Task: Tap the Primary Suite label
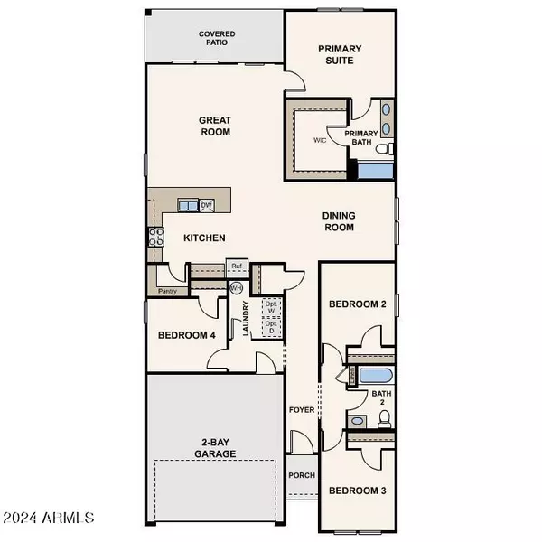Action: point(341,54)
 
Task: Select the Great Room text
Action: point(215,126)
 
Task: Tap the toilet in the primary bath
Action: point(385,148)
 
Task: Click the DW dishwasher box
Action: point(206,206)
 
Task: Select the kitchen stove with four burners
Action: point(155,238)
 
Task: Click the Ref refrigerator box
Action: point(237,266)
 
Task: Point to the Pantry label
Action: point(167,292)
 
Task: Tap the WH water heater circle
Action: point(237,288)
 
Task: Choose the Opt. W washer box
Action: point(270,307)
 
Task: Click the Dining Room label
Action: point(340,221)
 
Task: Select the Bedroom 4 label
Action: point(187,335)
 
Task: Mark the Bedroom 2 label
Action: point(357,304)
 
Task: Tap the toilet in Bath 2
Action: point(384,417)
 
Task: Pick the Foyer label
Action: point(300,409)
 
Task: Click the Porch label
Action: point(300,475)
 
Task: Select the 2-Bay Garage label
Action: point(215,448)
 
